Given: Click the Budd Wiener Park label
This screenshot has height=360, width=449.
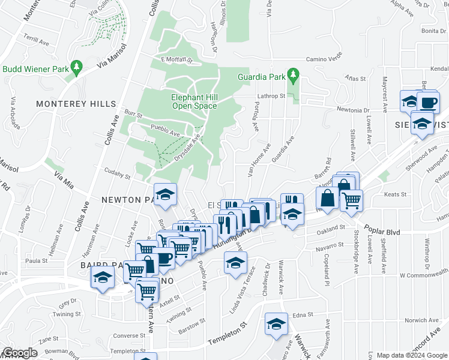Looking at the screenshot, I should click(34, 69).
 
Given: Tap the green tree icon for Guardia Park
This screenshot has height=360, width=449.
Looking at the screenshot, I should click(294, 76).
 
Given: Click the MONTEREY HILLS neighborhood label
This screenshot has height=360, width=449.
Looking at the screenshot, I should click(76, 104).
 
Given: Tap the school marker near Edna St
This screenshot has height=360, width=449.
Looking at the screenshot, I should click(276, 325).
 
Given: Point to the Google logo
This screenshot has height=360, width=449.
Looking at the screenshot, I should click(20, 353).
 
